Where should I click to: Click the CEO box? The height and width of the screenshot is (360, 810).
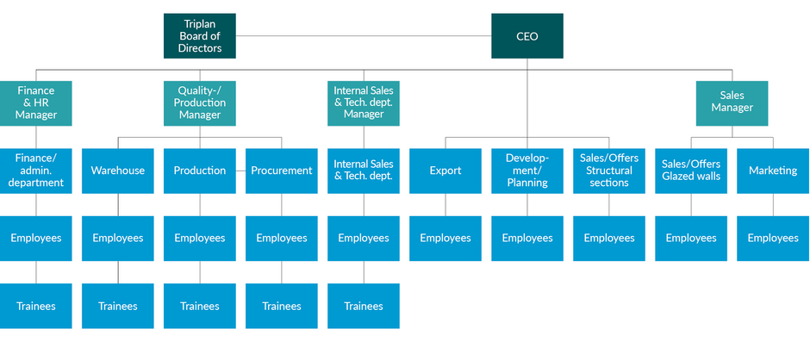526,36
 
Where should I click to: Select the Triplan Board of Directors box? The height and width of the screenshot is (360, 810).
200,36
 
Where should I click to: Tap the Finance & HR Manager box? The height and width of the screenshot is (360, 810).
36,102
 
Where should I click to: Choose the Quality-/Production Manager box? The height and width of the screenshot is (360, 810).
200,102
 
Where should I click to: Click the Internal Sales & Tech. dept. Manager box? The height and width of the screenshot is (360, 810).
364,102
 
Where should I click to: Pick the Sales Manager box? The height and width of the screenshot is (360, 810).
732,102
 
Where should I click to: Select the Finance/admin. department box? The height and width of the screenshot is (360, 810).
36,171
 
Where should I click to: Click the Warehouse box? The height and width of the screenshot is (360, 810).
118,171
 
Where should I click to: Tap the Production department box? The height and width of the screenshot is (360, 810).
200,171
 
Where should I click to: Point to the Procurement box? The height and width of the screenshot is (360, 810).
282,171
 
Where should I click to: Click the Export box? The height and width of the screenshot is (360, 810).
445,171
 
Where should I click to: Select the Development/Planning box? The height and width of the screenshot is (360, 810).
527,171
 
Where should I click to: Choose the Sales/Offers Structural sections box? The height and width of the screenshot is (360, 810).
609,171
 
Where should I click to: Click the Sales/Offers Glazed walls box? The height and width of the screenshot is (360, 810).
691,171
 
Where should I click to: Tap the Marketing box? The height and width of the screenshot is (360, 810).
773,171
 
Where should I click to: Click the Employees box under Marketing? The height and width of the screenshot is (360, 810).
773,238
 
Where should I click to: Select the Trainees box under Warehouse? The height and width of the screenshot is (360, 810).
118,306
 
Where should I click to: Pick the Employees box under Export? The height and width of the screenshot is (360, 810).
445,238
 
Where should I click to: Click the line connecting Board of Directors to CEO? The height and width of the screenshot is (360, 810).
362,36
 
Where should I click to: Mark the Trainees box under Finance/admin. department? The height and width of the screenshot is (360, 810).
36,306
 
